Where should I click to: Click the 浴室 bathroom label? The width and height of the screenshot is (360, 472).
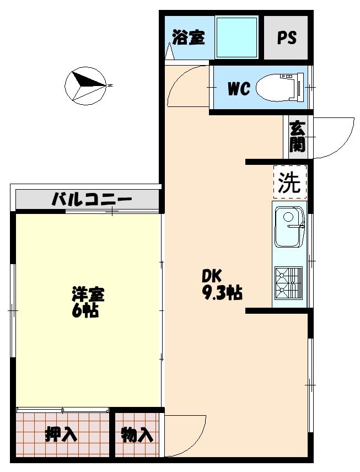(189, 37)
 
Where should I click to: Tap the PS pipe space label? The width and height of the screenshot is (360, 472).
(286, 37)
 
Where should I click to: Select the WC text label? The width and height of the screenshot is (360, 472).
(239, 89)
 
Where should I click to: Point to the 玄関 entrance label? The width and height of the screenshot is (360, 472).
(297, 137)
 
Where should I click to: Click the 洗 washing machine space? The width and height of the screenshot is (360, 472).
(290, 182)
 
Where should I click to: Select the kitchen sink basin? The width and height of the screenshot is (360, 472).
(289, 226)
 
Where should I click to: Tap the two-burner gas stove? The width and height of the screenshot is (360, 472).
(289, 282)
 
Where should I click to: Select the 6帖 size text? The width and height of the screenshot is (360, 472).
(85, 311)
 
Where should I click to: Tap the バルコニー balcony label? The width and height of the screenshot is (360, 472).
(92, 199)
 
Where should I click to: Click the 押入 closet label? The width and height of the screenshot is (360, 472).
(61, 435)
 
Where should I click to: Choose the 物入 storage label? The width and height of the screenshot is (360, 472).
(137, 435)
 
